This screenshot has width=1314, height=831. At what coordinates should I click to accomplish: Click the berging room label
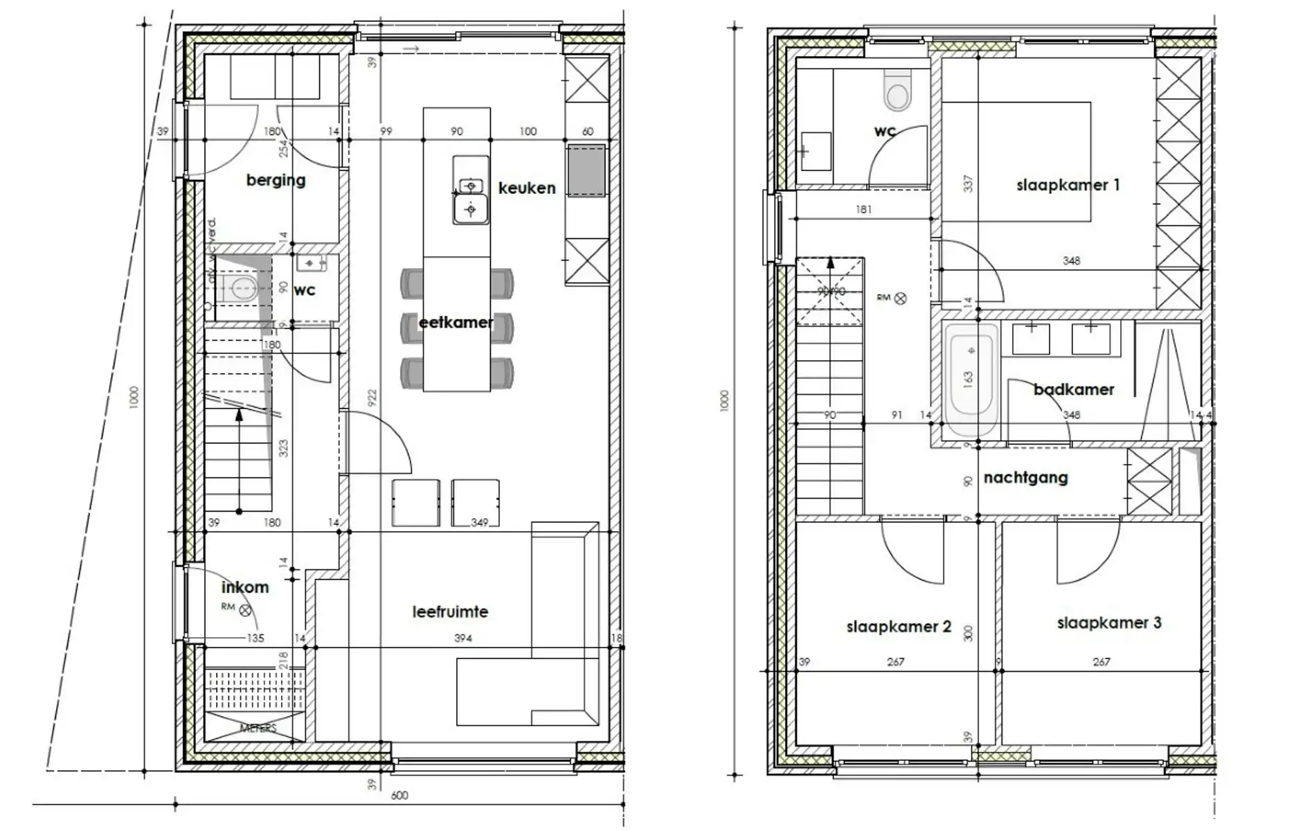point(276,181)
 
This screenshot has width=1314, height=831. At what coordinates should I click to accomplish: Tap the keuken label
point(527,188)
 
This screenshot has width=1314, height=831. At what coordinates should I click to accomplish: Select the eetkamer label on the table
point(456,323)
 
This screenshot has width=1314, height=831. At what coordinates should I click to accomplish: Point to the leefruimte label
point(450,612)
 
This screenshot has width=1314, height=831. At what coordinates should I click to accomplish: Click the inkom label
point(245,588)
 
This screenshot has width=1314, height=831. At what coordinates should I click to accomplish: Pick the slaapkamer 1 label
point(1068,186)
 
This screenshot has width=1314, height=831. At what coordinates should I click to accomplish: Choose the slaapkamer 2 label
point(899,627)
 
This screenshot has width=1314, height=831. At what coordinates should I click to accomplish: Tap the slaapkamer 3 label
point(1108,623)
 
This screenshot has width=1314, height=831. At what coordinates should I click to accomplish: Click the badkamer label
point(1074,390)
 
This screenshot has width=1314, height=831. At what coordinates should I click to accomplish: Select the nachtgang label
point(1025,478)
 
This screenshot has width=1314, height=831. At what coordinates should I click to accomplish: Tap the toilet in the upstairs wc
point(898,92)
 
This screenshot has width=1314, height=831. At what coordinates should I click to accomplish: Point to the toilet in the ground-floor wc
point(239,290)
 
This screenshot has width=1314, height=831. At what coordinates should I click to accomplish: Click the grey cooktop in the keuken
point(586,170)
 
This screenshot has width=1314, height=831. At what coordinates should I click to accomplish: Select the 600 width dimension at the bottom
point(399,796)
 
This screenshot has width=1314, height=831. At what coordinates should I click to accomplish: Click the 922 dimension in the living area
point(372,397)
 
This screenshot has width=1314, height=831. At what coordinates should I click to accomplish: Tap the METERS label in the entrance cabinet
point(258,728)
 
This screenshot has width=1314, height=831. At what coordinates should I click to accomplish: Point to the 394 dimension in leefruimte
point(463,638)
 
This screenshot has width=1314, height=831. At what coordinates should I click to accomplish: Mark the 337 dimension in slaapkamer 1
point(968,184)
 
